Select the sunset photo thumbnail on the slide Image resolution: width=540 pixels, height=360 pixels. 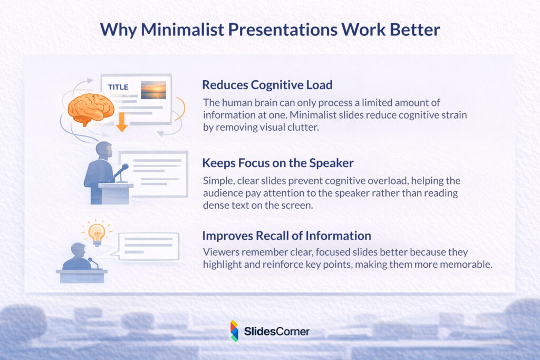coord(153,90)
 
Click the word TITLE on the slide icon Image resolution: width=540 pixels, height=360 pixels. coord(118,87)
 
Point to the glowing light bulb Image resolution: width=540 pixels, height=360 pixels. coord(96,232)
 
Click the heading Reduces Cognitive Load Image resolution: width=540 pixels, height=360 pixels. coord(267,85)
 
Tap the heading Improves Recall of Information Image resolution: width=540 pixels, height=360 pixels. coord(286,235)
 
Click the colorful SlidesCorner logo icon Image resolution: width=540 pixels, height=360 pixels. coord(234,330)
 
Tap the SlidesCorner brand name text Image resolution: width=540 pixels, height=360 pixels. coord(276,332)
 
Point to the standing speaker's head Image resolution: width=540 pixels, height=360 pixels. coord(104,149)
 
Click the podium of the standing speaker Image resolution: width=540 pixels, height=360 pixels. coord(115,192)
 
